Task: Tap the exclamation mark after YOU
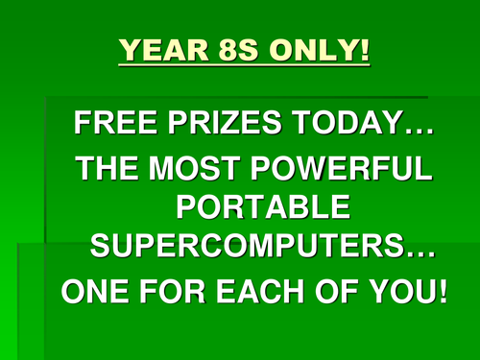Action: tap(441, 291)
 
